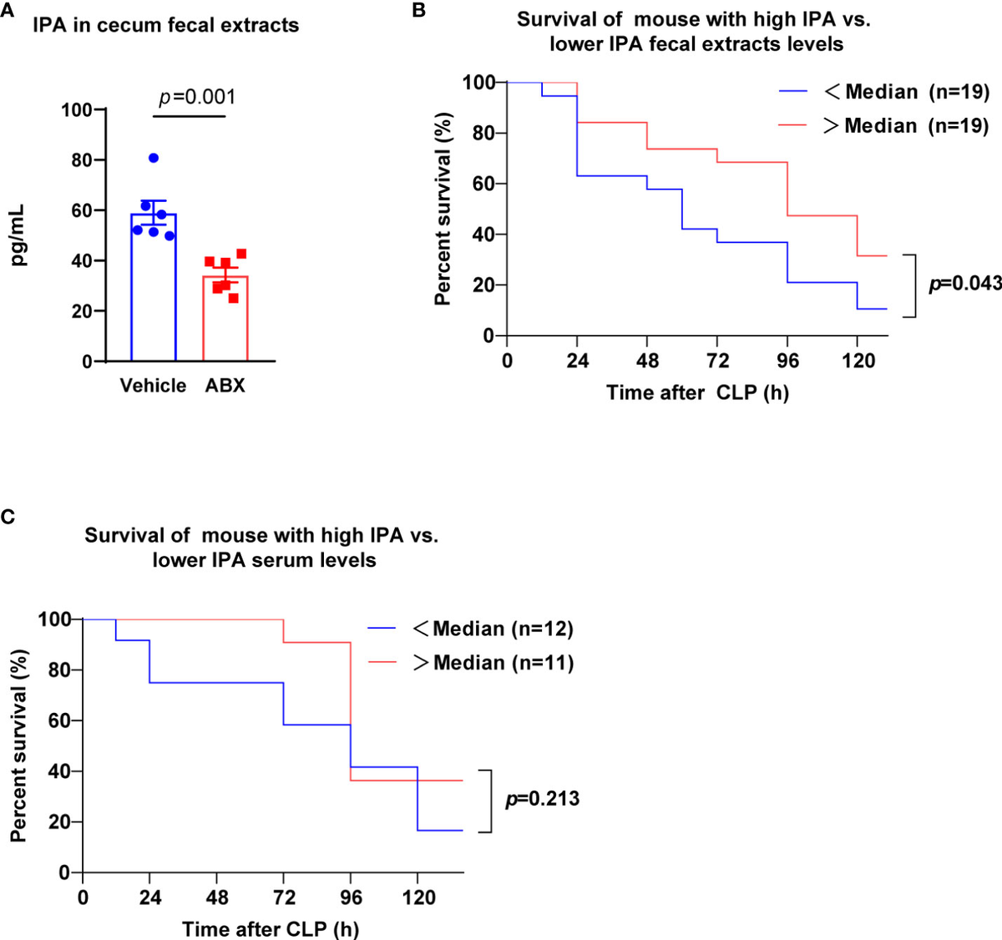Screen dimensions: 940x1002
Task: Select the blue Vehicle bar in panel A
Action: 153,288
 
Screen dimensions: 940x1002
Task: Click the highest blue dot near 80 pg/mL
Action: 153,158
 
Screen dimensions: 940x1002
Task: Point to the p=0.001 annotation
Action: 197,97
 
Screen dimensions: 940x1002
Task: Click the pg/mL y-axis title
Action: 18,235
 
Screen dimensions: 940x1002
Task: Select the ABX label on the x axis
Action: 225,386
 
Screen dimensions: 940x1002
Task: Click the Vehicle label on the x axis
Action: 153,386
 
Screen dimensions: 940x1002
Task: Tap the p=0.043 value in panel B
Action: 965,284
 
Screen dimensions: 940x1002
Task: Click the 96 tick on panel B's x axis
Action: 787,361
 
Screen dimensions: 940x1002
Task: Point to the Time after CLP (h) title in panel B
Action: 697,392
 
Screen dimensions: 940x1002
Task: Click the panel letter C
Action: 8,517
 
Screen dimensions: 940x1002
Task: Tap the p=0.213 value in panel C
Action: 542,800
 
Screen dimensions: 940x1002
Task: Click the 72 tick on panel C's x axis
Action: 284,897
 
